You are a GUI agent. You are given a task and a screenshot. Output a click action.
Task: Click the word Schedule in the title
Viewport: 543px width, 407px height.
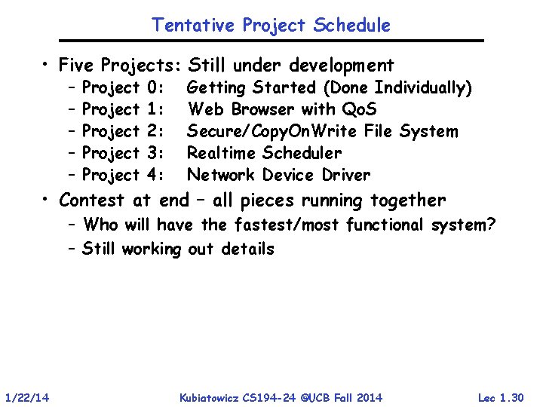pos(354,25)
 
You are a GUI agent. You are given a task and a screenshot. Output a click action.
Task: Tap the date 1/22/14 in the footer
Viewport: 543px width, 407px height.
pos(26,397)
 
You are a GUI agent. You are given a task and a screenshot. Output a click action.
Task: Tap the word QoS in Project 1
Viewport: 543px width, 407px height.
pos(355,109)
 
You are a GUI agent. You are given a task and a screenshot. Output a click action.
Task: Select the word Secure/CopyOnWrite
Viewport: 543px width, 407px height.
pos(272,131)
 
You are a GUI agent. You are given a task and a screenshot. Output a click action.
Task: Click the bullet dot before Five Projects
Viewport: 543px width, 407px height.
pos(47,66)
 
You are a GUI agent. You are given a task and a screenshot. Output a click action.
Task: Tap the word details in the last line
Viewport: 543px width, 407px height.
pos(247,248)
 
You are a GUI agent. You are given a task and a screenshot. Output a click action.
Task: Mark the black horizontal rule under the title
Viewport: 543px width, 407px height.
pos(271,40)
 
